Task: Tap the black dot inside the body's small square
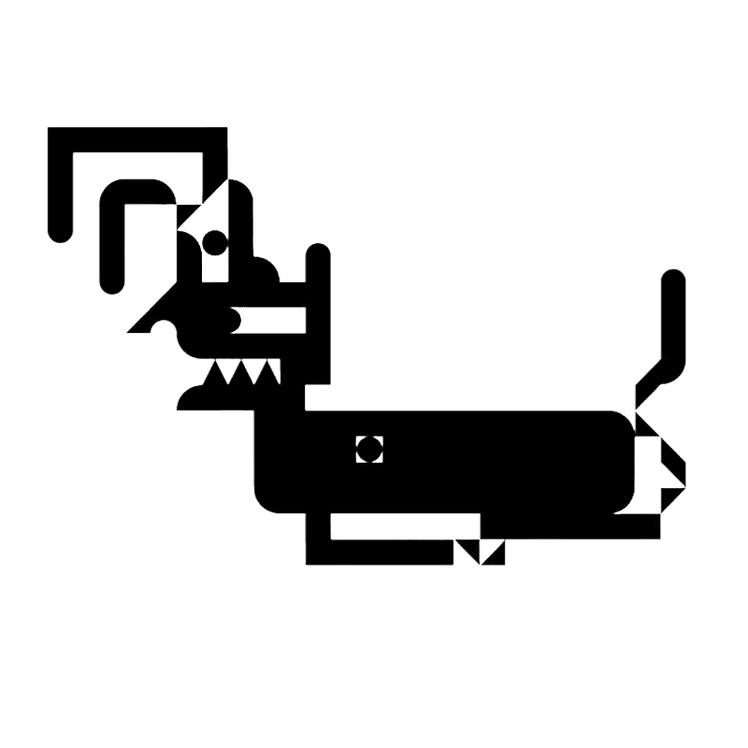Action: pyautogui.click(x=370, y=449)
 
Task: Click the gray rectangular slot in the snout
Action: pyautogui.click(x=273, y=321)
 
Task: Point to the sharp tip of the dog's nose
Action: pyautogui.click(x=130, y=331)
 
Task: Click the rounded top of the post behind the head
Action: pyautogui.click(x=318, y=253)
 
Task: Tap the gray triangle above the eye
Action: pyautogui.click(x=208, y=210)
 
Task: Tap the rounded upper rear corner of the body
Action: pyautogui.click(x=623, y=422)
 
